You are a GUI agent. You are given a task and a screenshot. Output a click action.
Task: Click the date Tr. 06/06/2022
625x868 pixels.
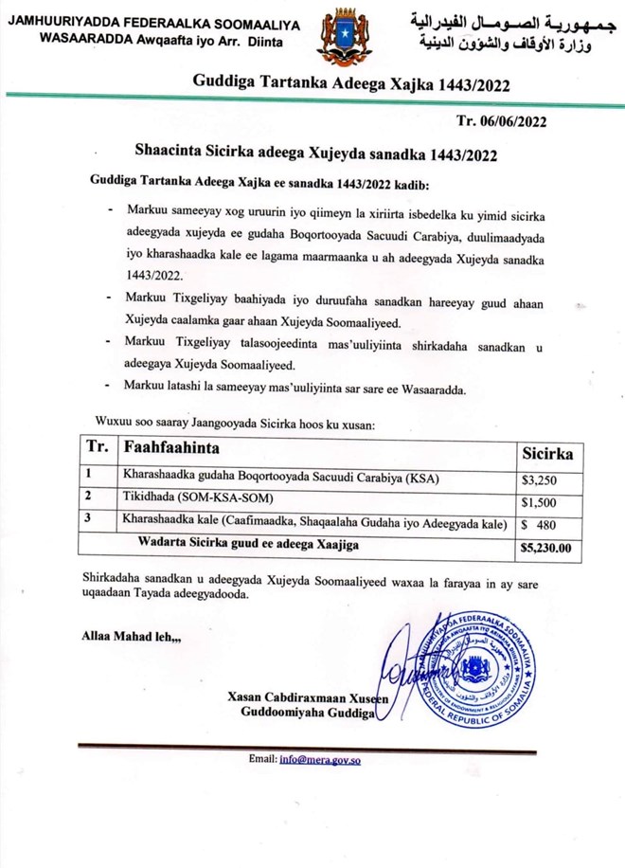pyautogui.click(x=501, y=120)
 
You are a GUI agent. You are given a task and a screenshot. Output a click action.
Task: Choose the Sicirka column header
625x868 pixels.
pyautogui.click(x=548, y=455)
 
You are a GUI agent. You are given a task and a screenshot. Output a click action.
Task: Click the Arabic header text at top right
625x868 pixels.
pyautogui.click(x=500, y=33)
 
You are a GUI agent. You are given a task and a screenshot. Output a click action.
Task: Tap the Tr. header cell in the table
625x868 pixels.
pyautogui.click(x=97, y=448)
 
